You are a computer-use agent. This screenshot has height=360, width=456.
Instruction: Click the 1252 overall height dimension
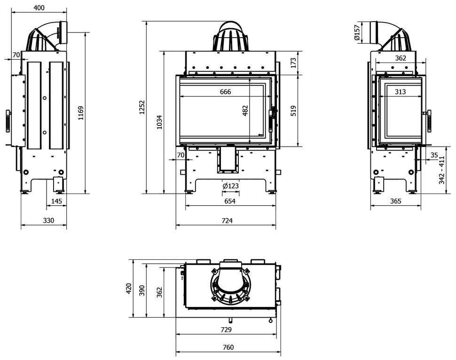click(x=142, y=107)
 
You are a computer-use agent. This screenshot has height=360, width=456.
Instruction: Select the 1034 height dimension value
click(x=159, y=122)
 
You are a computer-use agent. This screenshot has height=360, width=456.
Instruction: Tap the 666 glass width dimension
click(x=225, y=92)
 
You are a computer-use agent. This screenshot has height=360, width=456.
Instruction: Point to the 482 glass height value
click(x=245, y=110)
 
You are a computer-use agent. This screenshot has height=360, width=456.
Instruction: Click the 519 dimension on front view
click(x=293, y=111)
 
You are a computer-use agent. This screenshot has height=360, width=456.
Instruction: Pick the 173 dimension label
click(x=293, y=63)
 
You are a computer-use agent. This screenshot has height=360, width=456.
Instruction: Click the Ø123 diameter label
click(x=231, y=186)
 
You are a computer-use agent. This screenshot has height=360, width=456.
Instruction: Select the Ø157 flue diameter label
click(x=357, y=32)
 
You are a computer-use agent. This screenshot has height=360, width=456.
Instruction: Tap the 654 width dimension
click(x=230, y=201)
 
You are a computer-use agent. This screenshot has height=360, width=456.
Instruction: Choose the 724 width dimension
click(x=227, y=220)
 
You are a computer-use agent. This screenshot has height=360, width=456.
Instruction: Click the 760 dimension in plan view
click(x=228, y=347)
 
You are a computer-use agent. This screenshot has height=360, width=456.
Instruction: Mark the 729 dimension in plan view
click(x=226, y=329)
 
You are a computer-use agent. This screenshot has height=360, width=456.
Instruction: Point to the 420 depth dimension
click(x=129, y=289)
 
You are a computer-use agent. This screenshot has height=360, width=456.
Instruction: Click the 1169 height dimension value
click(x=81, y=113)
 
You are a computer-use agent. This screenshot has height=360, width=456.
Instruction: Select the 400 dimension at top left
click(x=39, y=8)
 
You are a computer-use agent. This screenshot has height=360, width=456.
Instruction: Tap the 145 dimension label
click(x=56, y=201)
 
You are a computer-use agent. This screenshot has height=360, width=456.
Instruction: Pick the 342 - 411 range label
click(x=442, y=170)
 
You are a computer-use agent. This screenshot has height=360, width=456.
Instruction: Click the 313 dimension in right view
click(x=400, y=92)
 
